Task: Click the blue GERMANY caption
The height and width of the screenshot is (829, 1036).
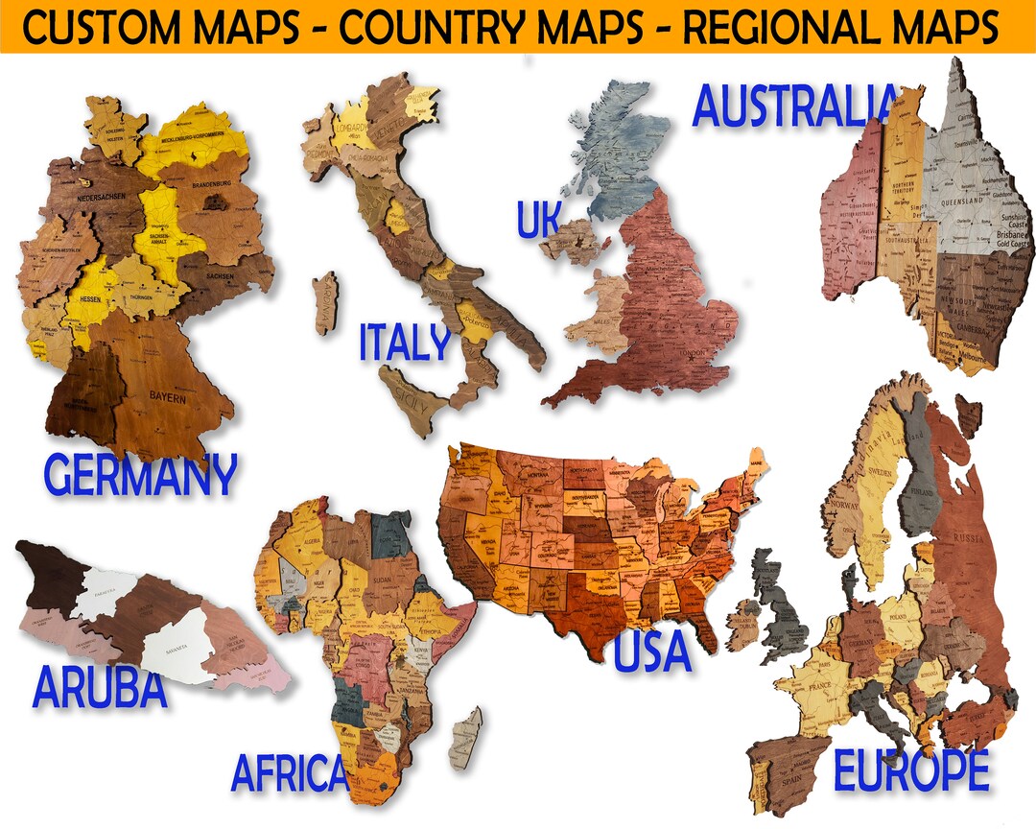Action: coord(140,474)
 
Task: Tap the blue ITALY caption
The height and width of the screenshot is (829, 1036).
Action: coord(405,343)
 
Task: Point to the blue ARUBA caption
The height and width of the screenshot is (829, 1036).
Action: coord(100,687)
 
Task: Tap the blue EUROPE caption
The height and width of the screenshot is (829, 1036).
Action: coord(910,770)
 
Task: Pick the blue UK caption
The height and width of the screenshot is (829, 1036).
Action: coord(538,220)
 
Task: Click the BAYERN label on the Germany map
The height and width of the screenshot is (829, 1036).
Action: coord(169,394)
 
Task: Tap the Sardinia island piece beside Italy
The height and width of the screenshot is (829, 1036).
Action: coord(325,301)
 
